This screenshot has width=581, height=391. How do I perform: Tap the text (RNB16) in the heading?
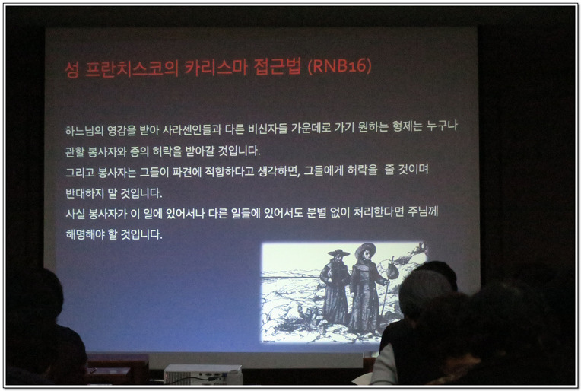(x=339, y=66)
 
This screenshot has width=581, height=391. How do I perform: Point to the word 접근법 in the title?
(x=278, y=67)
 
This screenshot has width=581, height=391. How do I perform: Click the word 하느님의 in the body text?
(x=84, y=130)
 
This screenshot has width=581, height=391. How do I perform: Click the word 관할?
(x=75, y=152)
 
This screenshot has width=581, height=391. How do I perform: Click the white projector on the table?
(x=203, y=374)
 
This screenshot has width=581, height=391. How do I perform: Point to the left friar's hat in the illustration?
(x=338, y=253)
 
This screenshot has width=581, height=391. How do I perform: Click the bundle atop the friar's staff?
(x=392, y=272)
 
